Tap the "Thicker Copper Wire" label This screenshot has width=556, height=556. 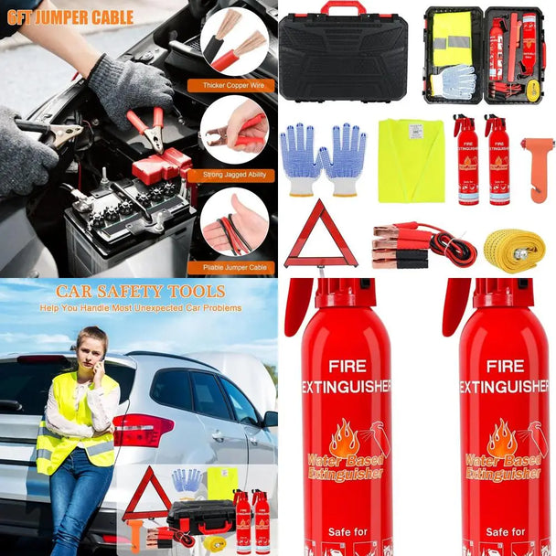point(232,85)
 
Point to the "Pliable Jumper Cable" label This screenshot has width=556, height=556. point(233,268)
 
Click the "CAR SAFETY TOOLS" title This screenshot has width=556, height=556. point(140,292)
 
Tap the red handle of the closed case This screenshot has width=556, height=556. point(343,8)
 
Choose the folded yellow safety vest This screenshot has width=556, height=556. point(411,160)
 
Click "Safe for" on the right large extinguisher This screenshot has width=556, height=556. point(504,531)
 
